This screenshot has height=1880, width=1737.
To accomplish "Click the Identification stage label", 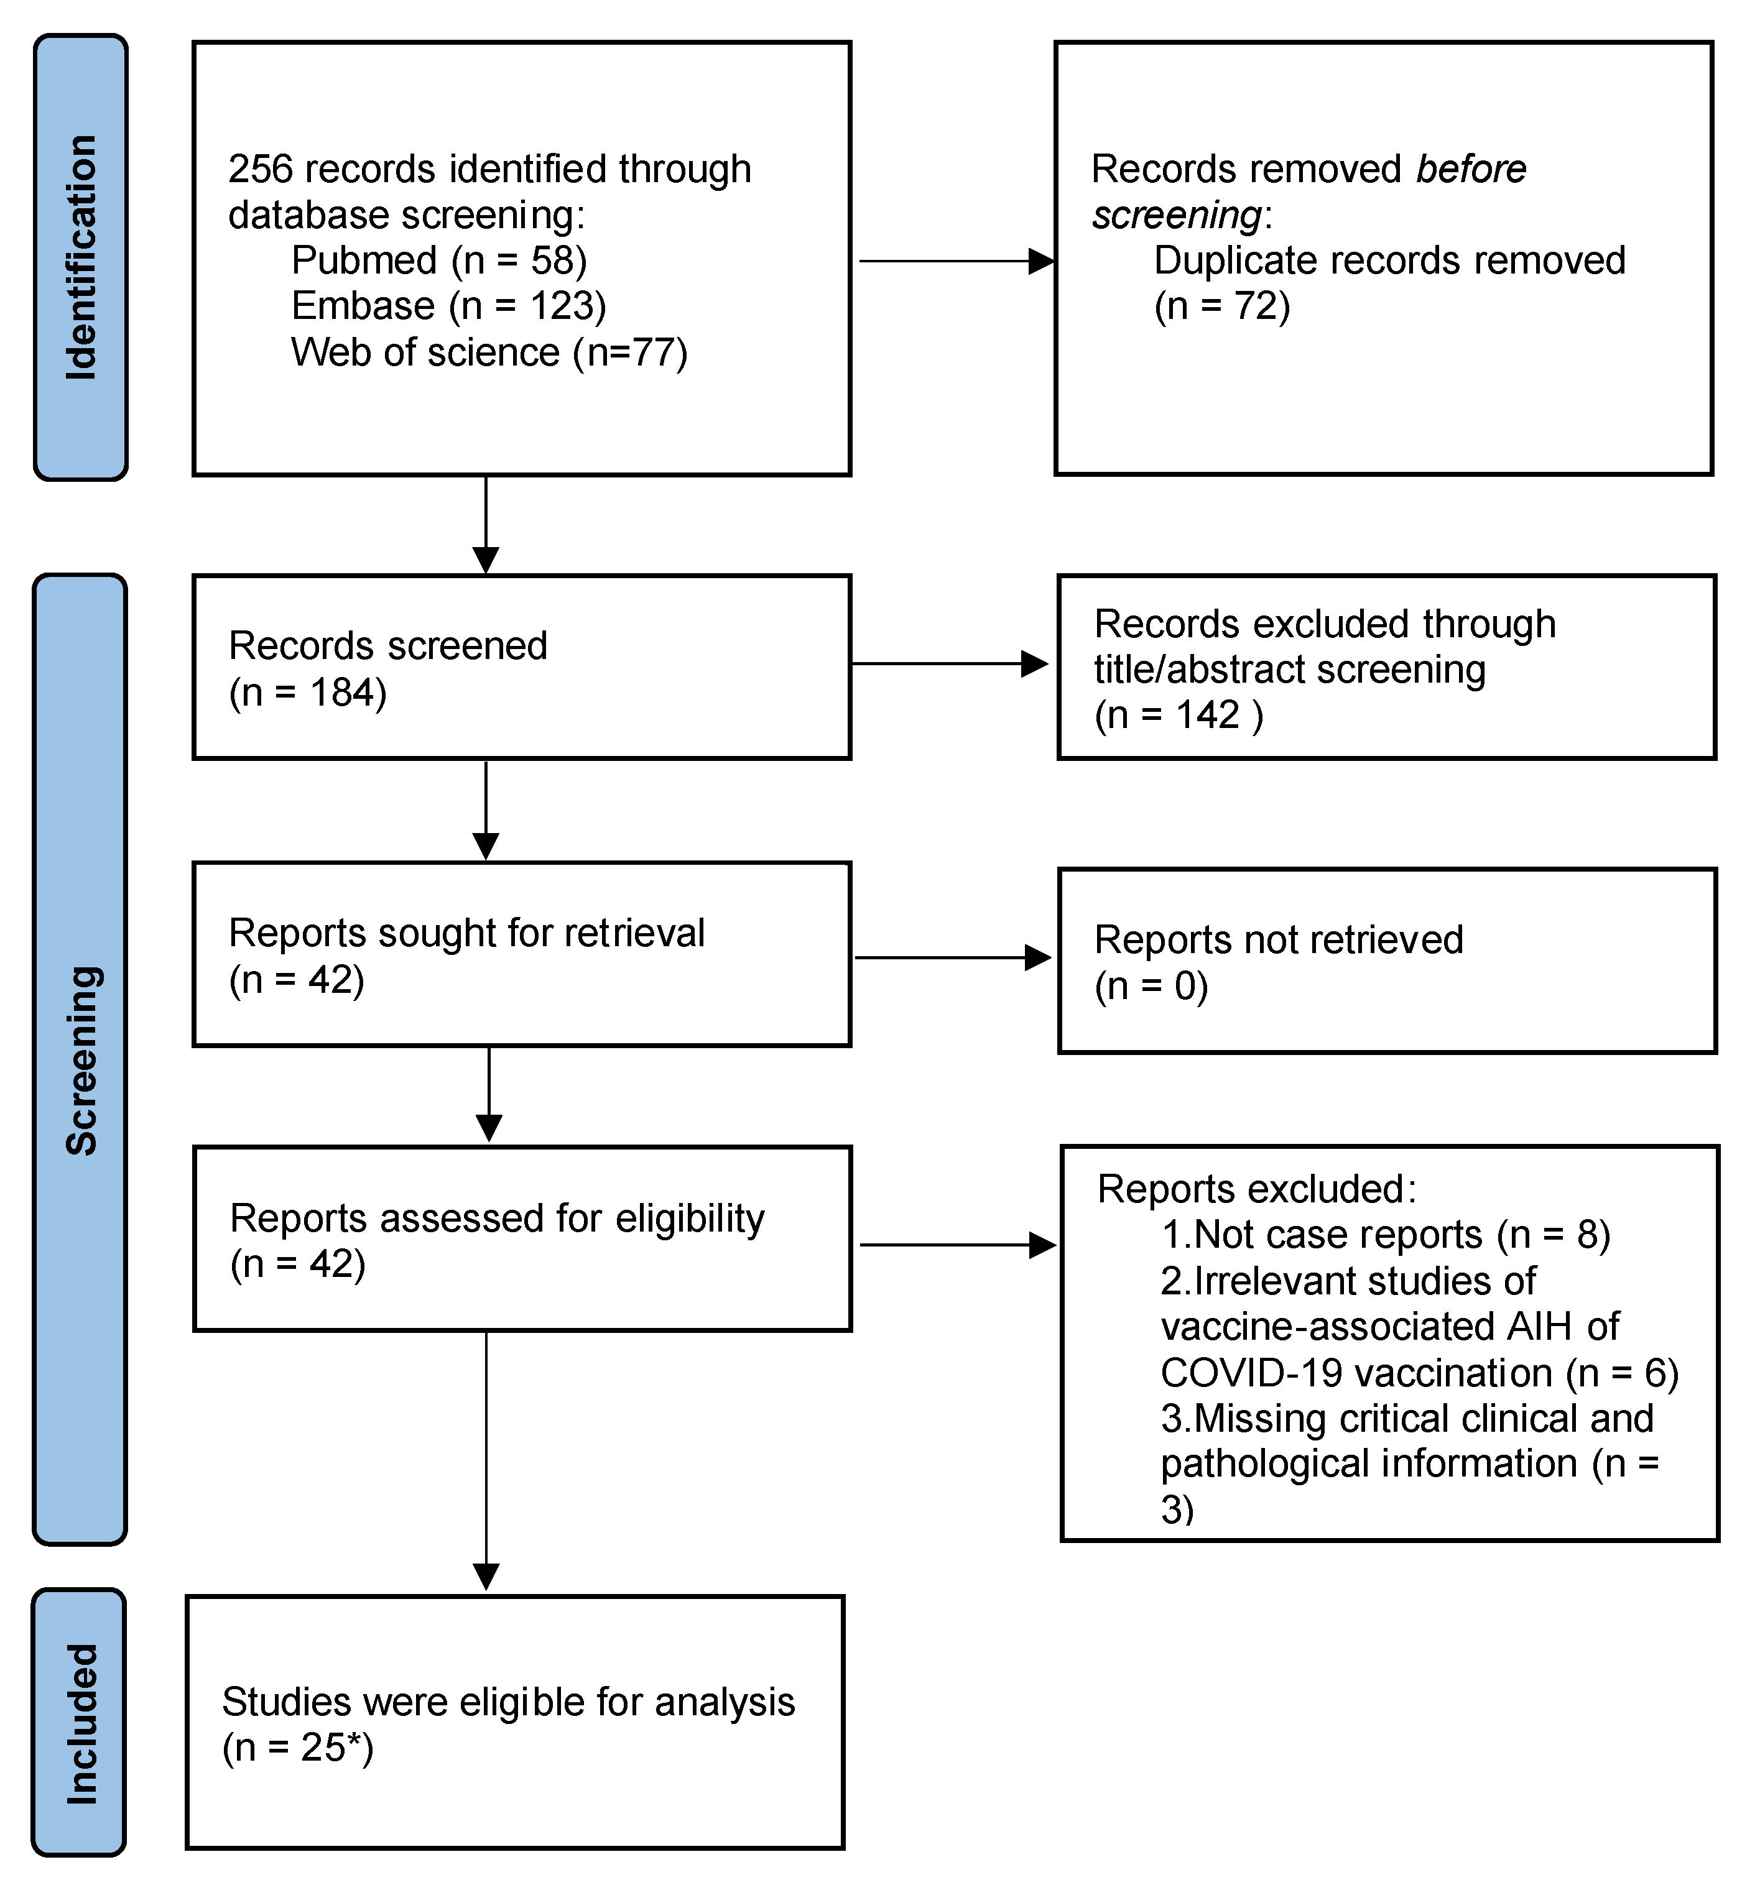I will pos(81,257).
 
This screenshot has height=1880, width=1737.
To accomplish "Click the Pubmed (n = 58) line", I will pos(439,260).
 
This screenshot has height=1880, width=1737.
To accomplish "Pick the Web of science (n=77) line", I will pos(489,352).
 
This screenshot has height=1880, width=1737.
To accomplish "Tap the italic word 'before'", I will pos(1470,169).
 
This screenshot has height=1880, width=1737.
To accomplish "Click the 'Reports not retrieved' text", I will pos(1278,939).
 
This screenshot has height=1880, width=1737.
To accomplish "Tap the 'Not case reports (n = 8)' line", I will pos(1386,1235).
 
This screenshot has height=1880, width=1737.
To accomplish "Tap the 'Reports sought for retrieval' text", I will pos(466,933).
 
